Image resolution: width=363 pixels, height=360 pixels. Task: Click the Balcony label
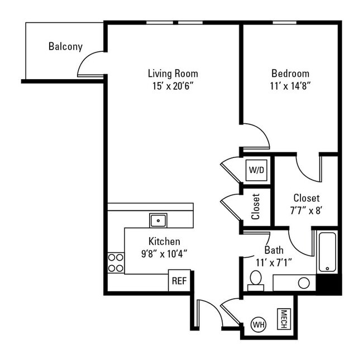65,46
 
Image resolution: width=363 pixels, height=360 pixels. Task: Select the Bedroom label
290,73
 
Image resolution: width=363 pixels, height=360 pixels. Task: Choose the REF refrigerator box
179,281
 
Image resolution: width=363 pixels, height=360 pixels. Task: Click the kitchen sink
158,220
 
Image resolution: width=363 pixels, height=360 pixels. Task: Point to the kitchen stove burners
116,262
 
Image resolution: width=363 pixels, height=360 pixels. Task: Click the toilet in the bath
255,279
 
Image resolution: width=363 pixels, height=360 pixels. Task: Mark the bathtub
327,252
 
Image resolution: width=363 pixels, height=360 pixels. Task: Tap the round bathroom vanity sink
304,282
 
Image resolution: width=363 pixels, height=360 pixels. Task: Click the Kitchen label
164,241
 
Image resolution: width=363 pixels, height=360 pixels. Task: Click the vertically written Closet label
256,207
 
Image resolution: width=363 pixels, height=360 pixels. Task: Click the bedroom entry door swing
256,136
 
